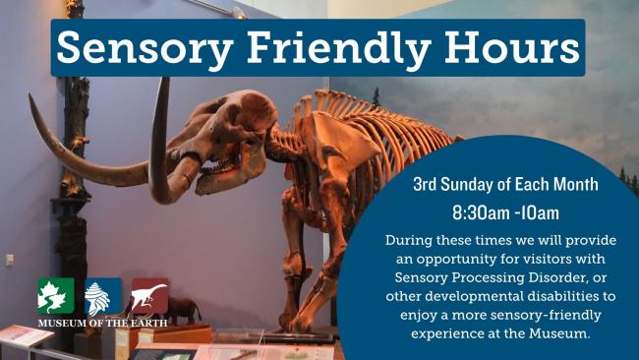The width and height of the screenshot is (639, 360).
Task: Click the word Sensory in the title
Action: tap(145, 48)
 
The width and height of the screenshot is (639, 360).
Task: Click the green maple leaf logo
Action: tap(56, 296)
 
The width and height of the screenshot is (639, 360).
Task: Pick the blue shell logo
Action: tap(102, 296)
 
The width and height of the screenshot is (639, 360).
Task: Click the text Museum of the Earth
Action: tap(102, 324)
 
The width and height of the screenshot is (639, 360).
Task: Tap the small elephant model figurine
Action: tap(183, 310)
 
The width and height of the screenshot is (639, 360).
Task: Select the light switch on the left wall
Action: tap(10, 260)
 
